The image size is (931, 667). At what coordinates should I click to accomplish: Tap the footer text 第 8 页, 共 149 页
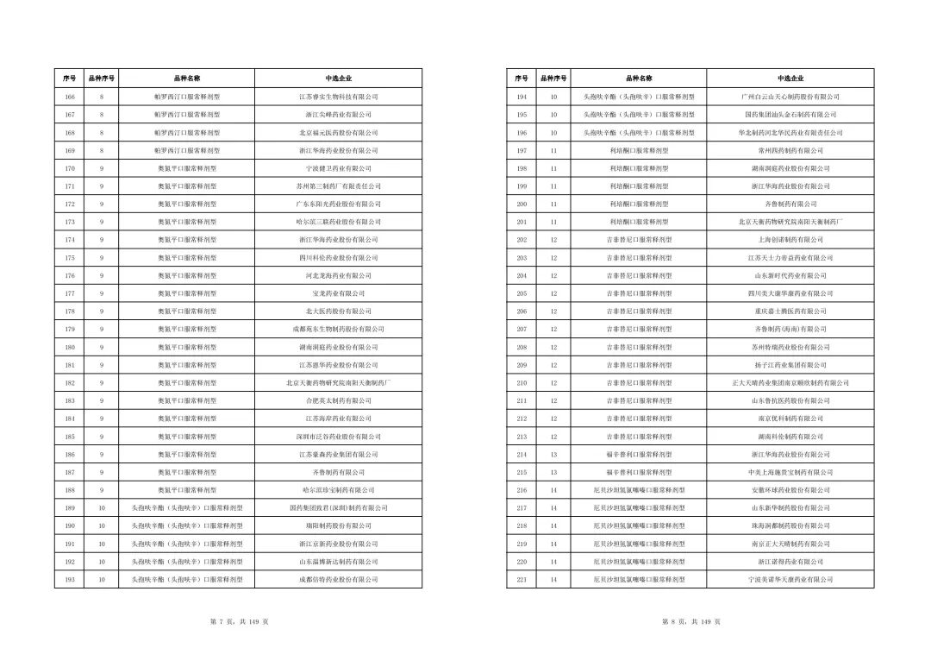tap(691, 621)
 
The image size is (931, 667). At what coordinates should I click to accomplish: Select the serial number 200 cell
tap(521, 204)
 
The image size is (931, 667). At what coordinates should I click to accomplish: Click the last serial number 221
tap(521, 579)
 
